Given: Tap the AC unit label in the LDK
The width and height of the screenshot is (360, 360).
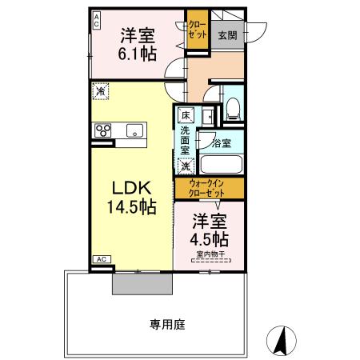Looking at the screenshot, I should click(x=102, y=259).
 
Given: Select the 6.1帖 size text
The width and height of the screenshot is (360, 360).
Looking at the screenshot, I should click(x=138, y=54).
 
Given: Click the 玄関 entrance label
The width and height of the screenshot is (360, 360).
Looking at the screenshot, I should click(x=227, y=36).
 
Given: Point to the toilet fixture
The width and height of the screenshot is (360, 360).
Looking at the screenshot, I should click(x=234, y=106).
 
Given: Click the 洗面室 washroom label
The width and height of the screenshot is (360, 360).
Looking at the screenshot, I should click(x=186, y=142).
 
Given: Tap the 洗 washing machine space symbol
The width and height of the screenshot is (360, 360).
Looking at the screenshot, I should click(x=186, y=167).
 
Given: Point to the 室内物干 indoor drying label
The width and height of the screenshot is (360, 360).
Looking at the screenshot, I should click(x=209, y=254).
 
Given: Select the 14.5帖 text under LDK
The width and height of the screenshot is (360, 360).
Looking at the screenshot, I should click(x=130, y=206).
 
